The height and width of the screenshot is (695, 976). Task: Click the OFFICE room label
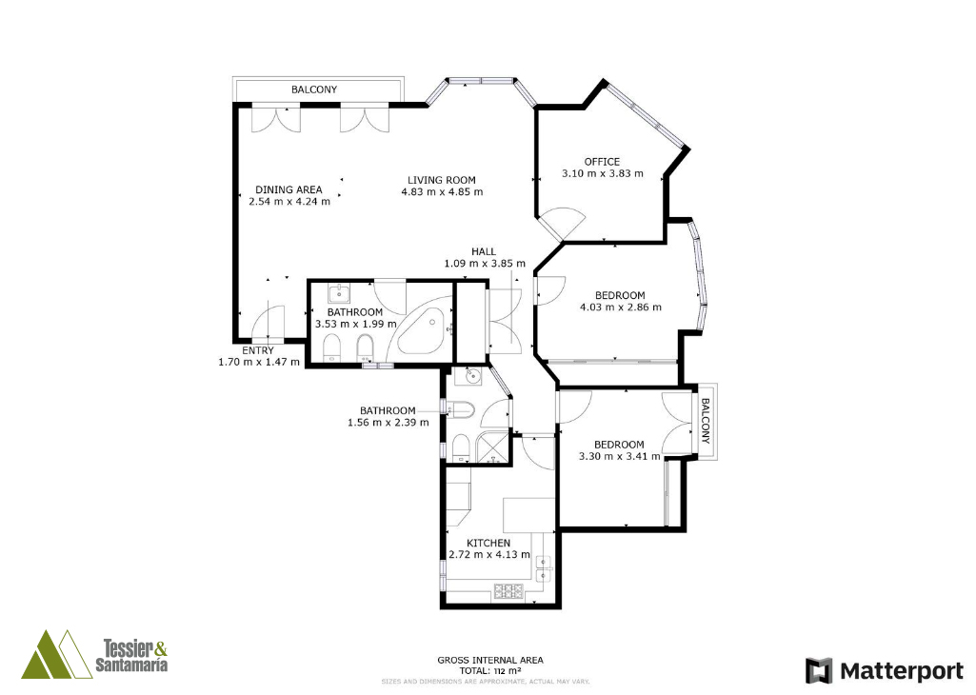click(602, 161)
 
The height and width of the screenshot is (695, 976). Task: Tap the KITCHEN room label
click(488, 544)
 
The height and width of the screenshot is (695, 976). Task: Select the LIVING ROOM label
click(442, 180)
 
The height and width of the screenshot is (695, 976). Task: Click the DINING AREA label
click(289, 189)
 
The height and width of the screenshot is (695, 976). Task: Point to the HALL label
click(484, 251)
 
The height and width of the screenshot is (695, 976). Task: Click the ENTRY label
click(258, 350)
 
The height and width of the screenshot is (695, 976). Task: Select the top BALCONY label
click(314, 89)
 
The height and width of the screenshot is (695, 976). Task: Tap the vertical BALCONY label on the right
click(706, 421)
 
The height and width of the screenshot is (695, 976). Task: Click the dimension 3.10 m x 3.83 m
click(603, 173)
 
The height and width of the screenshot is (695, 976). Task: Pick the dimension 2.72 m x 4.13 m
click(489, 555)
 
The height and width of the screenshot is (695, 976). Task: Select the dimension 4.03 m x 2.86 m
click(621, 307)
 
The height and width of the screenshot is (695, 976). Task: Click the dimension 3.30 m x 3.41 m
click(619, 456)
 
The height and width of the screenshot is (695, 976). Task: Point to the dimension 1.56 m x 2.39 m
click(388, 423)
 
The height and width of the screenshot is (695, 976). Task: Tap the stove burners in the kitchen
click(508, 590)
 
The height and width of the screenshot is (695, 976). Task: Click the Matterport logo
click(885, 671)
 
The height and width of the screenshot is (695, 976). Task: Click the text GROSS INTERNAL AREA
click(489, 660)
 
